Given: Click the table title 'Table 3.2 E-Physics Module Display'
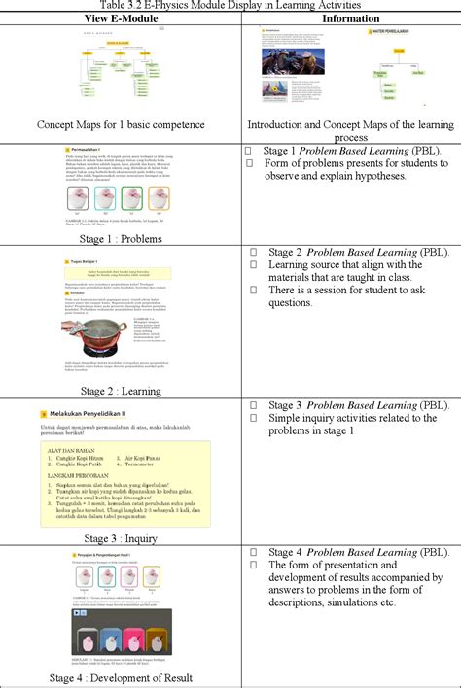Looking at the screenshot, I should [230, 5].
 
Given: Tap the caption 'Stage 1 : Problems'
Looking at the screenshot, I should [122, 238].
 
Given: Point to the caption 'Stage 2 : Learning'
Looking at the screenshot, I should [122, 391].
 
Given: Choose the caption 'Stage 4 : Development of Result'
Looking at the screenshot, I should [122, 678].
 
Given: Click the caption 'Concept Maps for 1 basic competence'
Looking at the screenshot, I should [122, 124].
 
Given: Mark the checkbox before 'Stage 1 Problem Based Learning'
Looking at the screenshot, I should [250, 151].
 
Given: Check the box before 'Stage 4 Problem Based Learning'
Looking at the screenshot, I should [250, 551].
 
